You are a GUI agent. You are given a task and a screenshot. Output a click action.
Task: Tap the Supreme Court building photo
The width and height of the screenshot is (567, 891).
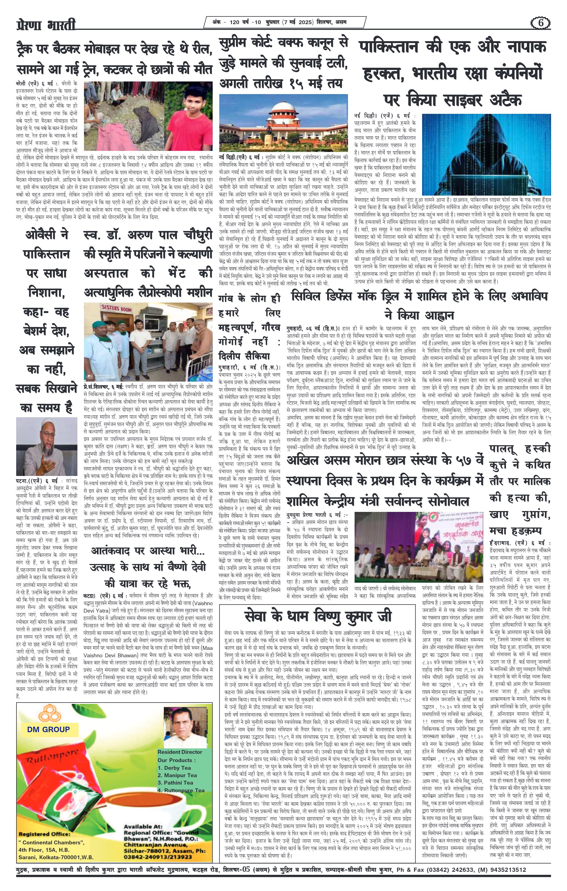click(x=283, y=121)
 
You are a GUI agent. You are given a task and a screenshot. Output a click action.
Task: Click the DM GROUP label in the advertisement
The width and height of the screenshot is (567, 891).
click(x=48, y=729)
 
